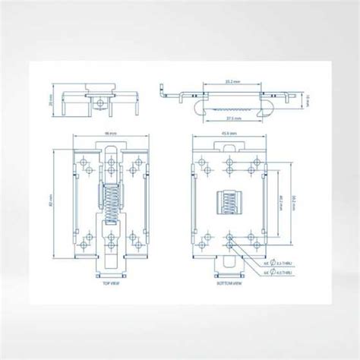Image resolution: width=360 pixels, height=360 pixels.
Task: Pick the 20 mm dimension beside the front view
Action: pos(48,100)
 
